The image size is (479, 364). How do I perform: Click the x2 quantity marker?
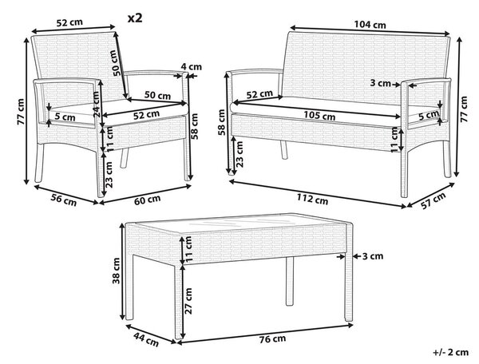tap(135, 18)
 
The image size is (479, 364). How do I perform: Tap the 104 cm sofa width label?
tap(370, 25)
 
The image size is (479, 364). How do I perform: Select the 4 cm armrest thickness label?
tap(192, 66)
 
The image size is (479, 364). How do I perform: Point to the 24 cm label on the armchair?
tap(97, 104)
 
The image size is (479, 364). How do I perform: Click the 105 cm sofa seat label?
tap(319, 116)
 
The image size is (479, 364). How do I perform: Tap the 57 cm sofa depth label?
tap(433, 201)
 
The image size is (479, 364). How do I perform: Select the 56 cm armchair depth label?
tap(64, 200)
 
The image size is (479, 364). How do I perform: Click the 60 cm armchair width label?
tap(148, 200)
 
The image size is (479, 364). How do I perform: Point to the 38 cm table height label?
tap(117, 271)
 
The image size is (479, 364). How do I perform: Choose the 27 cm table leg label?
tap(188, 301)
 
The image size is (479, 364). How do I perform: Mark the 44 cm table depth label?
tap(146, 339)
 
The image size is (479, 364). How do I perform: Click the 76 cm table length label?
tap(272, 338)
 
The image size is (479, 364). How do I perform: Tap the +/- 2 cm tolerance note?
tap(450, 352)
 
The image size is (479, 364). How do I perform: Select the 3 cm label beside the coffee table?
tap(373, 256)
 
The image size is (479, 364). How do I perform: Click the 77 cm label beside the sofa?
tap(464, 109)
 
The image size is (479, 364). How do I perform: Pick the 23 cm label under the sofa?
tap(239, 154)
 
